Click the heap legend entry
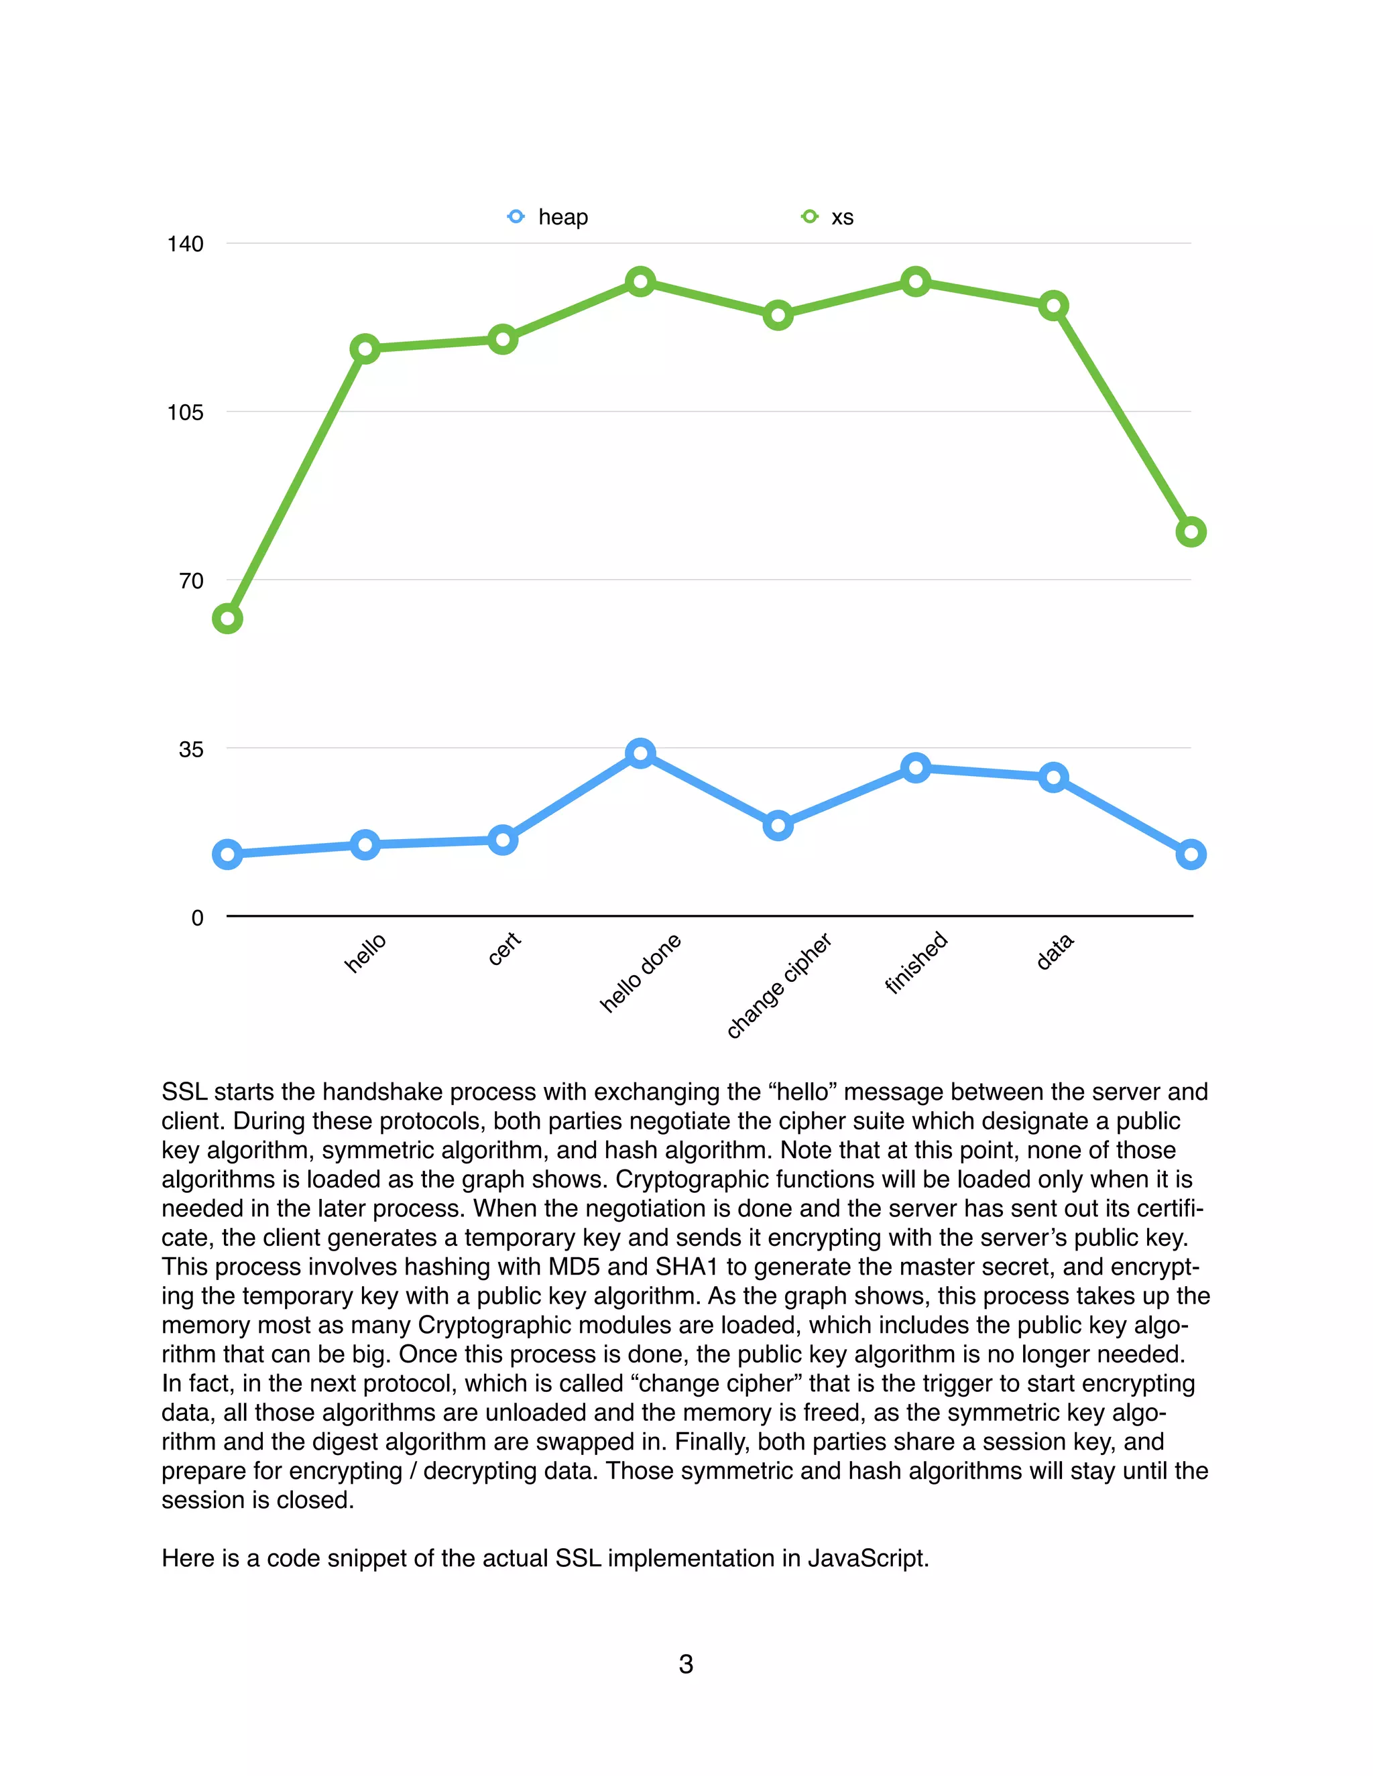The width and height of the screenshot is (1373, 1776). [x=548, y=217]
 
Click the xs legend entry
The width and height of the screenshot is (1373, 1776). [x=828, y=217]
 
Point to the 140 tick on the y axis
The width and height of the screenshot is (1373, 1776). [x=186, y=244]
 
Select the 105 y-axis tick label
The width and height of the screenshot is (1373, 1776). [x=186, y=412]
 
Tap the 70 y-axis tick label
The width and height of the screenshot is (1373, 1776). [x=191, y=580]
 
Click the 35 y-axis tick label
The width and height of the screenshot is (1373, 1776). [x=191, y=749]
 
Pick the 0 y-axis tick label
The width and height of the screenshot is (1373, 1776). [x=197, y=918]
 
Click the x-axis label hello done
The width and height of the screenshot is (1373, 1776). [x=641, y=972]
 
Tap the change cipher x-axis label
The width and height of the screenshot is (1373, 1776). [x=778, y=986]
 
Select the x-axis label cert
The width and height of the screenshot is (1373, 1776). [x=503, y=949]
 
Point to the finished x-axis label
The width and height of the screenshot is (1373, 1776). [x=916, y=962]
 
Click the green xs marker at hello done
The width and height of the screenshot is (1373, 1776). [x=641, y=282]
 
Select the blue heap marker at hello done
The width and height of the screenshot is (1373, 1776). [x=641, y=754]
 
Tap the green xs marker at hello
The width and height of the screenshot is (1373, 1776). [x=365, y=350]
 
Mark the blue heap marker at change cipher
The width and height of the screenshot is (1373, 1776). [x=778, y=826]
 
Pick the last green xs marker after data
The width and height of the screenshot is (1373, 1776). [x=1191, y=532]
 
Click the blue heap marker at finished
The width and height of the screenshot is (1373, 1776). [x=916, y=767]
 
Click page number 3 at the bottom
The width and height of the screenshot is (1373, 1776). [x=686, y=1664]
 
